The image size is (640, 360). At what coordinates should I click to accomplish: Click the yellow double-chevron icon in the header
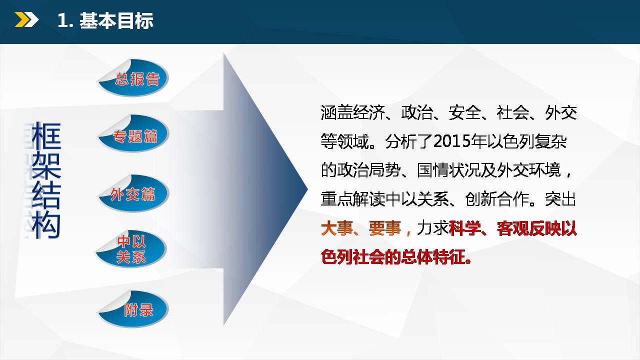(26, 20)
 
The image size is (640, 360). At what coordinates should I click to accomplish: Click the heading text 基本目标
(116, 20)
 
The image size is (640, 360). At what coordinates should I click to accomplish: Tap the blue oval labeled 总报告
(133, 77)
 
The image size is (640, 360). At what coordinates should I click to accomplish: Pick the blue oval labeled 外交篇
(133, 193)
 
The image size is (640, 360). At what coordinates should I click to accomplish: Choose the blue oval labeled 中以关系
(131, 249)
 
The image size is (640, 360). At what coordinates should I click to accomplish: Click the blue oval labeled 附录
(133, 309)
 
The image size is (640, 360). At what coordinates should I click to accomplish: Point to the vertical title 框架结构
(46, 180)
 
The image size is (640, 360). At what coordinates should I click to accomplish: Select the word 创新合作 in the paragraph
(497, 199)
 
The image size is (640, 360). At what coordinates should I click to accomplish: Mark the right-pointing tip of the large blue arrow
(307, 188)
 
